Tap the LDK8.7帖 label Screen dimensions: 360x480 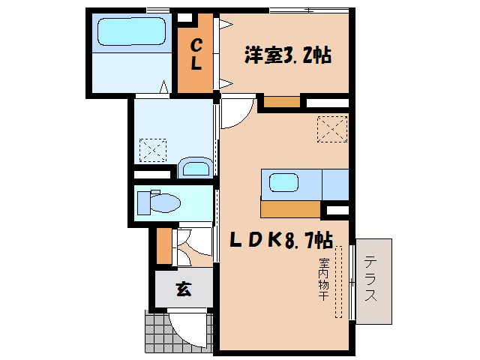(281, 240)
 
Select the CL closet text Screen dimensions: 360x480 (196, 55)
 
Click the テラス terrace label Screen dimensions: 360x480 (371, 279)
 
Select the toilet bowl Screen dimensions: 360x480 (165, 202)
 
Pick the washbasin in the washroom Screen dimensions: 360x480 (196, 167)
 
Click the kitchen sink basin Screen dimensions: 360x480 (284, 181)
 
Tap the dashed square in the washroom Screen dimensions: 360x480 (153, 149)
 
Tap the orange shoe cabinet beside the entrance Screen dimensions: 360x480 (164, 244)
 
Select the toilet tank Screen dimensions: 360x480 (143, 202)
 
